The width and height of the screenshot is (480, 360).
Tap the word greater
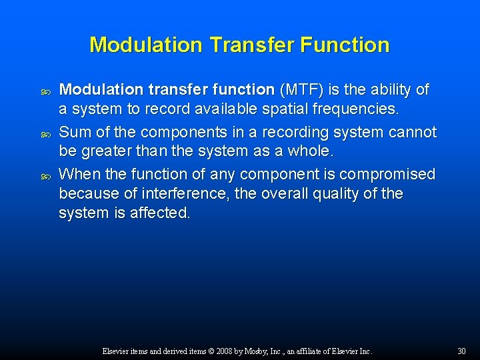[111, 151]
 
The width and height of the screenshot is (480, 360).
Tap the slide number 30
[461, 351]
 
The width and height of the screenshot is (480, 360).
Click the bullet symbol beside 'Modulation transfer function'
[46, 90]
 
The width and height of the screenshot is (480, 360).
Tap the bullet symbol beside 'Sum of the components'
[46, 133]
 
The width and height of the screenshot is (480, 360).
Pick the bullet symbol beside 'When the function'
[46, 175]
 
